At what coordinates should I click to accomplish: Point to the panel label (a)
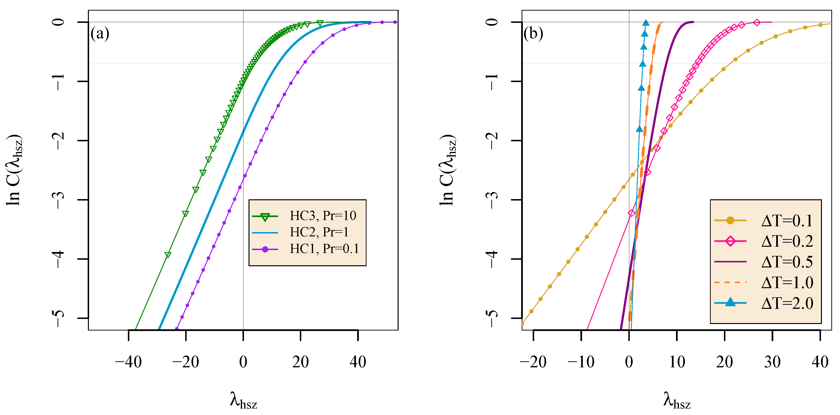point(100,33)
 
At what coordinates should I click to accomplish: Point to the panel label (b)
point(533,33)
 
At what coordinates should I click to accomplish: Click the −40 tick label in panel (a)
point(128,362)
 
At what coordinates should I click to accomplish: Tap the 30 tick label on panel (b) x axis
point(772,362)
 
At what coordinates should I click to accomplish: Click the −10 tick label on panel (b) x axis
point(581,362)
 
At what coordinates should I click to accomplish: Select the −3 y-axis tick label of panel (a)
point(59,200)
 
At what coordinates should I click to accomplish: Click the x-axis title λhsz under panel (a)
point(243,400)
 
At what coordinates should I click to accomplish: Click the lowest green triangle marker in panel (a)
point(168,255)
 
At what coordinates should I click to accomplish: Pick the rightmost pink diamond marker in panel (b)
point(757,22)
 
